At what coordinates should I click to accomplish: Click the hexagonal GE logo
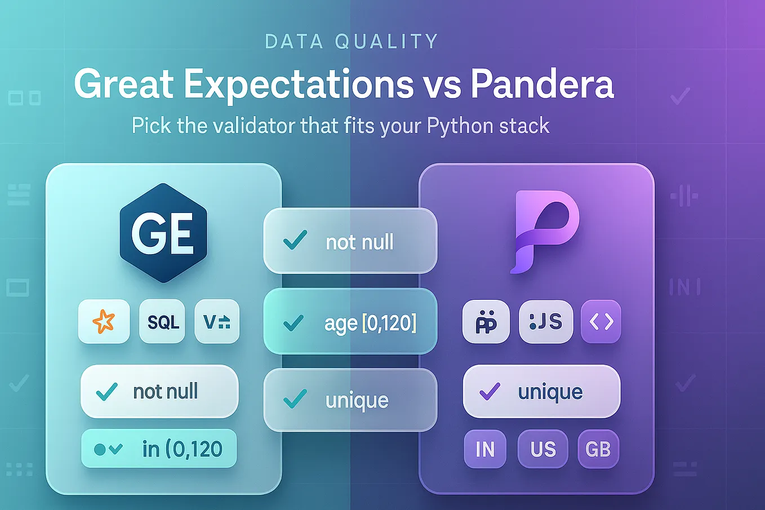click(163, 232)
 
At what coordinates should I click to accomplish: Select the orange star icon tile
click(104, 321)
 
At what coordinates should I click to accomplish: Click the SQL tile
click(163, 321)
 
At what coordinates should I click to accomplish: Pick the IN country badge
click(485, 449)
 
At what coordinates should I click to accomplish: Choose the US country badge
click(542, 449)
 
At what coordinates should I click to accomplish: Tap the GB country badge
click(598, 449)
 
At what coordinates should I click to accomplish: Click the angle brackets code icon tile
click(601, 321)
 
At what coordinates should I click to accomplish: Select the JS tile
click(545, 321)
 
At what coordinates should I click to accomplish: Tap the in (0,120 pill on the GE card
click(159, 449)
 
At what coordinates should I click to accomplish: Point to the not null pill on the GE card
click(159, 391)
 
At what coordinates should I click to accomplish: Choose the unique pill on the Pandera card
click(541, 391)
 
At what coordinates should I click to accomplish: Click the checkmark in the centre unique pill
click(295, 399)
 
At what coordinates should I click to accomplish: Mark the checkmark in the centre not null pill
click(295, 241)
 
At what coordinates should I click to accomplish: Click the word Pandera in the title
click(542, 85)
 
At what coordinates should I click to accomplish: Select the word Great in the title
click(123, 85)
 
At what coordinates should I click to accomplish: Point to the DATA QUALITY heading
click(352, 42)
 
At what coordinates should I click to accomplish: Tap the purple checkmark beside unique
click(489, 391)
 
